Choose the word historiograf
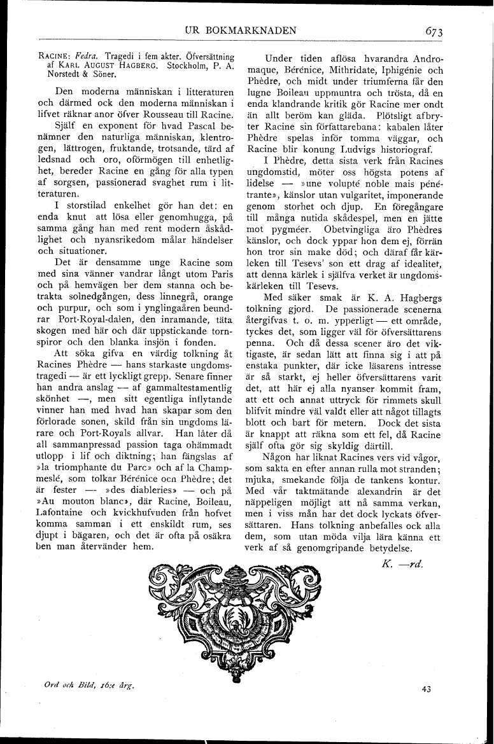pyautogui.click(x=399, y=150)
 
